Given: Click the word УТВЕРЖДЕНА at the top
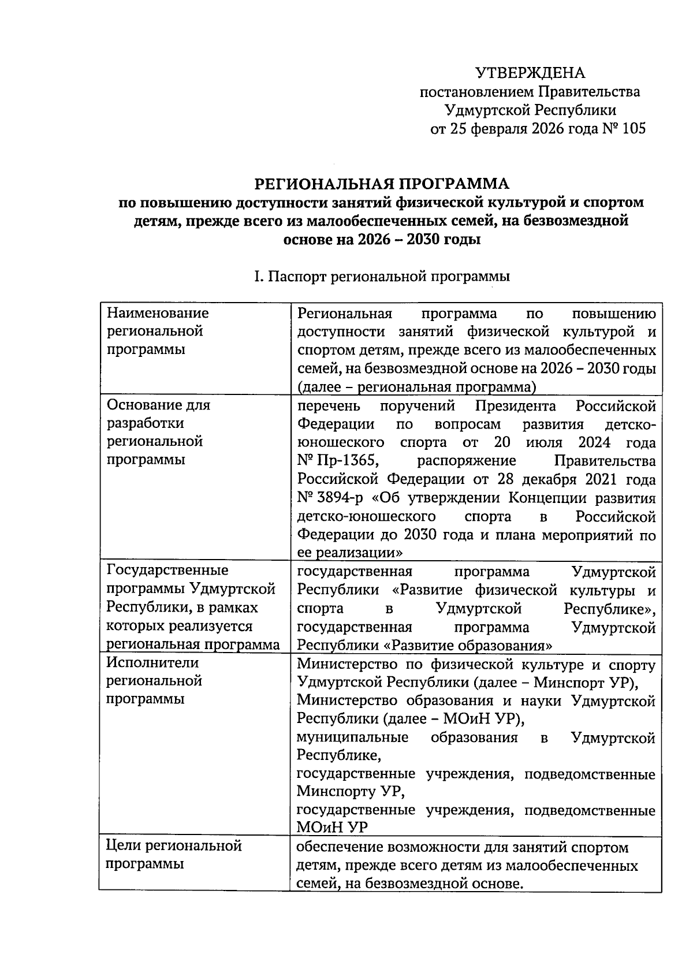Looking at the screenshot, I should (x=530, y=73).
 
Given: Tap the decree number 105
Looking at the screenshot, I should (x=634, y=129).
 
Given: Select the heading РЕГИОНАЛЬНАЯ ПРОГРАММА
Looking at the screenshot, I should (x=382, y=184).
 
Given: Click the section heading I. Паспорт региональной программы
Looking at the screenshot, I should (x=382, y=277).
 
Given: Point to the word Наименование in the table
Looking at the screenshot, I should (x=158, y=313).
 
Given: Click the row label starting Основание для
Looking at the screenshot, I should (x=159, y=405).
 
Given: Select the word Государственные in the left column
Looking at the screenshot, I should (x=168, y=570).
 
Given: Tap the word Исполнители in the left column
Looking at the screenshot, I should (x=153, y=662).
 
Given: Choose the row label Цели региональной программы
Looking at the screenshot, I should (x=174, y=855).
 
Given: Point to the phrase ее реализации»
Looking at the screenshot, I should (x=349, y=553).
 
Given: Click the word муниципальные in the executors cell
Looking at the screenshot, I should (x=352, y=737).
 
